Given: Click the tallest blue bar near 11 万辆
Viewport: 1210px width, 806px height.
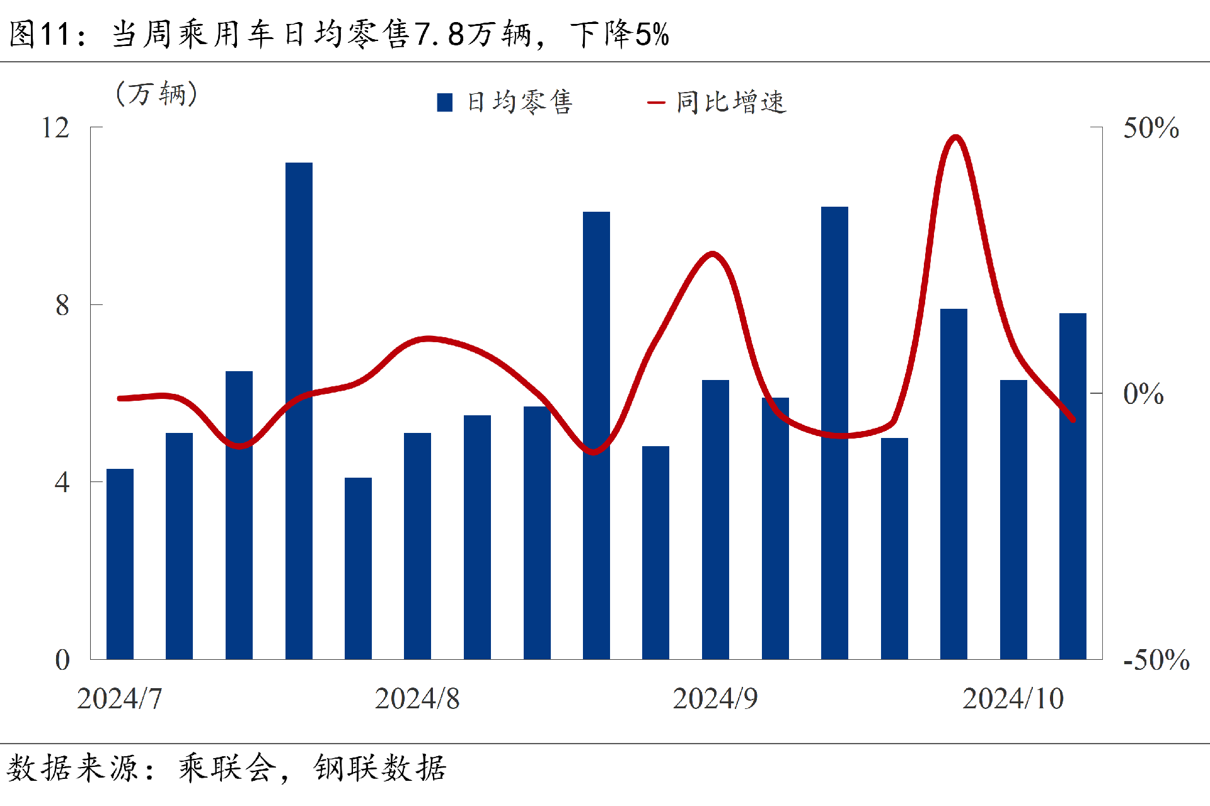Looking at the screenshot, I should coord(299,410).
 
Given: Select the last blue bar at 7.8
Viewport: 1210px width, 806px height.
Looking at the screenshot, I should coord(1073,485).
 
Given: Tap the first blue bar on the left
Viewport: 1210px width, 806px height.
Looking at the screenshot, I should coord(120,564).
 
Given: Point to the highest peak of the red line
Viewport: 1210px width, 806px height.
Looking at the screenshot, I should coord(956,137).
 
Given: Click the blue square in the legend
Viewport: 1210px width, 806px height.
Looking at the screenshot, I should coord(445,102).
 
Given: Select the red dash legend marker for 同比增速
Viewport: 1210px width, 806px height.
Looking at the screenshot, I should coord(656,102).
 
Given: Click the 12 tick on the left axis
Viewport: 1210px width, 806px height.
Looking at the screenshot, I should coord(55,128).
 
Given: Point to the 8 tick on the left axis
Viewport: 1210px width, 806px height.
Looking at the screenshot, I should coord(62,306).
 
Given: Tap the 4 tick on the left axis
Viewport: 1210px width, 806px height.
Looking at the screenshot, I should coord(62,483).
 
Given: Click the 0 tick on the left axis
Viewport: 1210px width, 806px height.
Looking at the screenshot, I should coord(62,660).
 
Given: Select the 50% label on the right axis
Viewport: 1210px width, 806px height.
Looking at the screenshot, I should coord(1151,128).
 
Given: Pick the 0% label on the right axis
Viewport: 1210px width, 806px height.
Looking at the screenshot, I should coord(1143,394).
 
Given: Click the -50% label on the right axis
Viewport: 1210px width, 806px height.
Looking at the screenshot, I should coord(1156,660).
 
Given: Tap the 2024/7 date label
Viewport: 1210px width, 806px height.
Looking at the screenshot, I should coord(120,698).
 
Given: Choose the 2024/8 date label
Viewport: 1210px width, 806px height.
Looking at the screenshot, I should coord(417,698).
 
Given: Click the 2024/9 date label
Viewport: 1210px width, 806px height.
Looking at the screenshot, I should coord(715,698).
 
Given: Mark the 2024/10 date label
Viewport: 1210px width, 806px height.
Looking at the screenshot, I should coord(1013,698).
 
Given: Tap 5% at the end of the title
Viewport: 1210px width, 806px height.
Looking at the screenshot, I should coord(652,34).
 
